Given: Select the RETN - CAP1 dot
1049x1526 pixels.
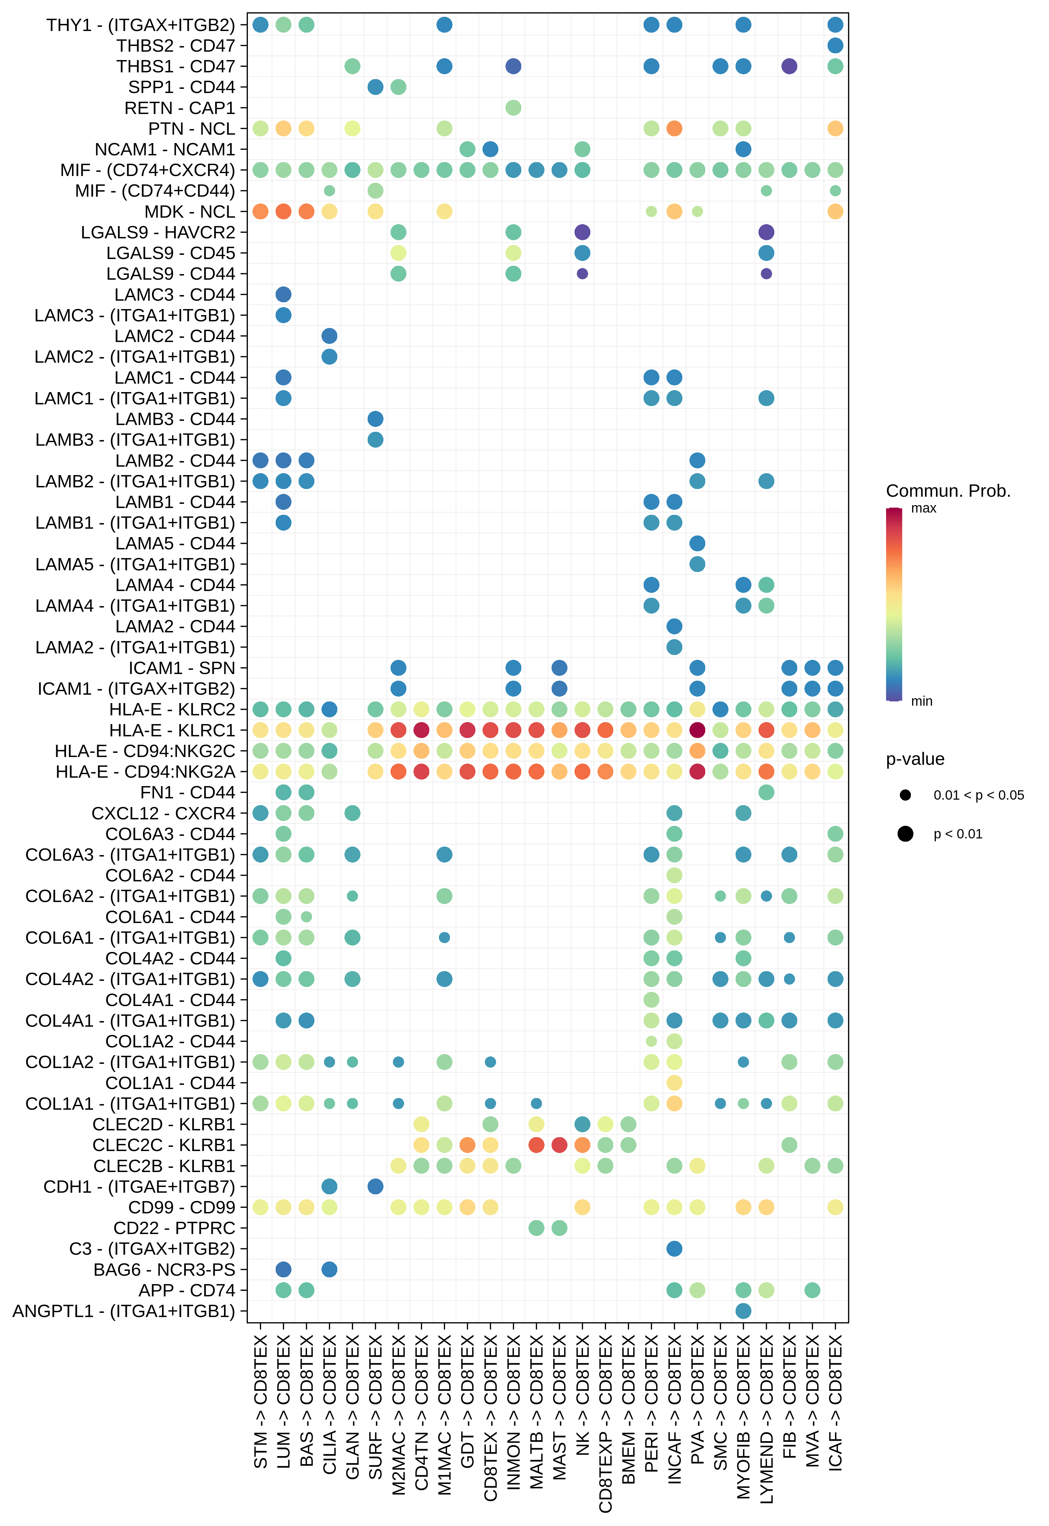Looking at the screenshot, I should [x=513, y=108].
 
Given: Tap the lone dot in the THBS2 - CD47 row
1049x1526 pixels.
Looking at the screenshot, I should [x=835, y=45].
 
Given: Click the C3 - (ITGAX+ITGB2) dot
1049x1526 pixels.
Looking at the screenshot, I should [x=674, y=1249].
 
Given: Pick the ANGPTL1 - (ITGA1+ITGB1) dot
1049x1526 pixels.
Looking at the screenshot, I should [x=743, y=1311].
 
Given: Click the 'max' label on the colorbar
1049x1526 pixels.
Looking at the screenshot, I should [x=923, y=508].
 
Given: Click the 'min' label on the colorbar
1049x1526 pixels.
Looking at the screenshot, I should [x=922, y=701].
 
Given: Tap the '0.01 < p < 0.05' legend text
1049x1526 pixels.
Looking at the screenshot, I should [x=978, y=795].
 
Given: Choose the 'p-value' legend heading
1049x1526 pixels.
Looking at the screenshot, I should [x=915, y=759].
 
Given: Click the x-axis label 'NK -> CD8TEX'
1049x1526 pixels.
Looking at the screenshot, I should [x=582, y=1400].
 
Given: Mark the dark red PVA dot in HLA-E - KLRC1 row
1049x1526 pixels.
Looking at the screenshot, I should [x=697, y=730].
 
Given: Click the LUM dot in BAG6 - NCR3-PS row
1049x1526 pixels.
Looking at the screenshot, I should [x=283, y=1270].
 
